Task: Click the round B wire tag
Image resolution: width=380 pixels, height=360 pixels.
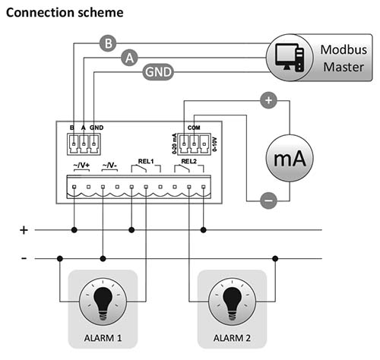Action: [x=108, y=43]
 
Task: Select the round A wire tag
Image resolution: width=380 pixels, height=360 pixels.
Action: [x=129, y=58]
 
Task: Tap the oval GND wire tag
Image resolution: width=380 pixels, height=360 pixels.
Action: [x=158, y=72]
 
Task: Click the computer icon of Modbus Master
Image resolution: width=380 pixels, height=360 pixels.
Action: [x=290, y=58]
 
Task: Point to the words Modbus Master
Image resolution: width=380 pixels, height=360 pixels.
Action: [x=344, y=58]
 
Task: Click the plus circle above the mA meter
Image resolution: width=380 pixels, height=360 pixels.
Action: [x=268, y=100]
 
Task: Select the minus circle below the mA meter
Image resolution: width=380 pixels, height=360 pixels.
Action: [x=268, y=201]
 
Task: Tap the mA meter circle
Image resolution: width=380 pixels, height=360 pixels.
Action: [x=290, y=158]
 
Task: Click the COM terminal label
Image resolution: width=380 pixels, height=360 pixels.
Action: [x=194, y=128]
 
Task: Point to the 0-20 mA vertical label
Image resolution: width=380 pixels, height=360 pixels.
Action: [x=174, y=144]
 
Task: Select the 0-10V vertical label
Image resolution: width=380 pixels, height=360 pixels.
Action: [x=215, y=144]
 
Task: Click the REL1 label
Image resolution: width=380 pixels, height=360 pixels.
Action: [x=146, y=161]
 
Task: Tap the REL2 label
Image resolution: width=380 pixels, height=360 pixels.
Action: [x=188, y=161]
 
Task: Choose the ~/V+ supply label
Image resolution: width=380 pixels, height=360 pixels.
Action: [x=81, y=166]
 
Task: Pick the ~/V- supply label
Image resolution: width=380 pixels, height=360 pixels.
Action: [x=109, y=166]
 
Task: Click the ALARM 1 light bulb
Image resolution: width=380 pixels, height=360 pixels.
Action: [x=103, y=302]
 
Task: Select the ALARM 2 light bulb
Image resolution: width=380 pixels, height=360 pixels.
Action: [x=232, y=302]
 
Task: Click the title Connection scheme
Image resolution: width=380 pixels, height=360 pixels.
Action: [x=65, y=12]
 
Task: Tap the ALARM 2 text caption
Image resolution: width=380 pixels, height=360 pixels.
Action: [x=232, y=338]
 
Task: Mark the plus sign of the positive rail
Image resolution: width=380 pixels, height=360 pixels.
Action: [x=24, y=230]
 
